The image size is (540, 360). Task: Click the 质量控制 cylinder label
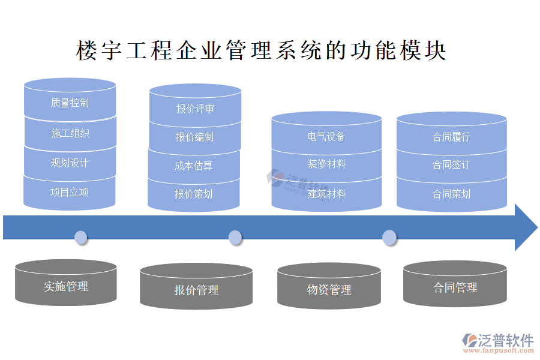click(x=70, y=103)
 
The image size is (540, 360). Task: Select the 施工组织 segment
click(x=70, y=133)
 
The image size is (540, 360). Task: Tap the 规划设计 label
click(x=70, y=163)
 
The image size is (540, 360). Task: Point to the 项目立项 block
click(x=70, y=192)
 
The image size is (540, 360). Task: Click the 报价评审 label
click(x=195, y=109)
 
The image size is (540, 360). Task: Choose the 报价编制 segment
click(x=194, y=137)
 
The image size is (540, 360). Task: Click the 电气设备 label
click(x=326, y=136)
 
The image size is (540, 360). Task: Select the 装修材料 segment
click(x=326, y=164)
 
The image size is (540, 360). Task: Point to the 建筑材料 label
click(x=326, y=194)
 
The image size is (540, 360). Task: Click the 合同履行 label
click(x=452, y=136)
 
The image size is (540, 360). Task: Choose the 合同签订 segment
click(x=452, y=164)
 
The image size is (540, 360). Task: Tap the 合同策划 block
click(x=452, y=194)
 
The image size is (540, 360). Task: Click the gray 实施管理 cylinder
click(x=66, y=286)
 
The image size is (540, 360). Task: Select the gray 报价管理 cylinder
click(x=196, y=290)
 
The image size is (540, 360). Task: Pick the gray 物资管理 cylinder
click(x=329, y=290)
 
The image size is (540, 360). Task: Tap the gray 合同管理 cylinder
click(x=455, y=287)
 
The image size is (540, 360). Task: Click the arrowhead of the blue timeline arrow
click(x=525, y=227)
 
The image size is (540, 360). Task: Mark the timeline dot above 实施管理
click(x=81, y=237)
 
